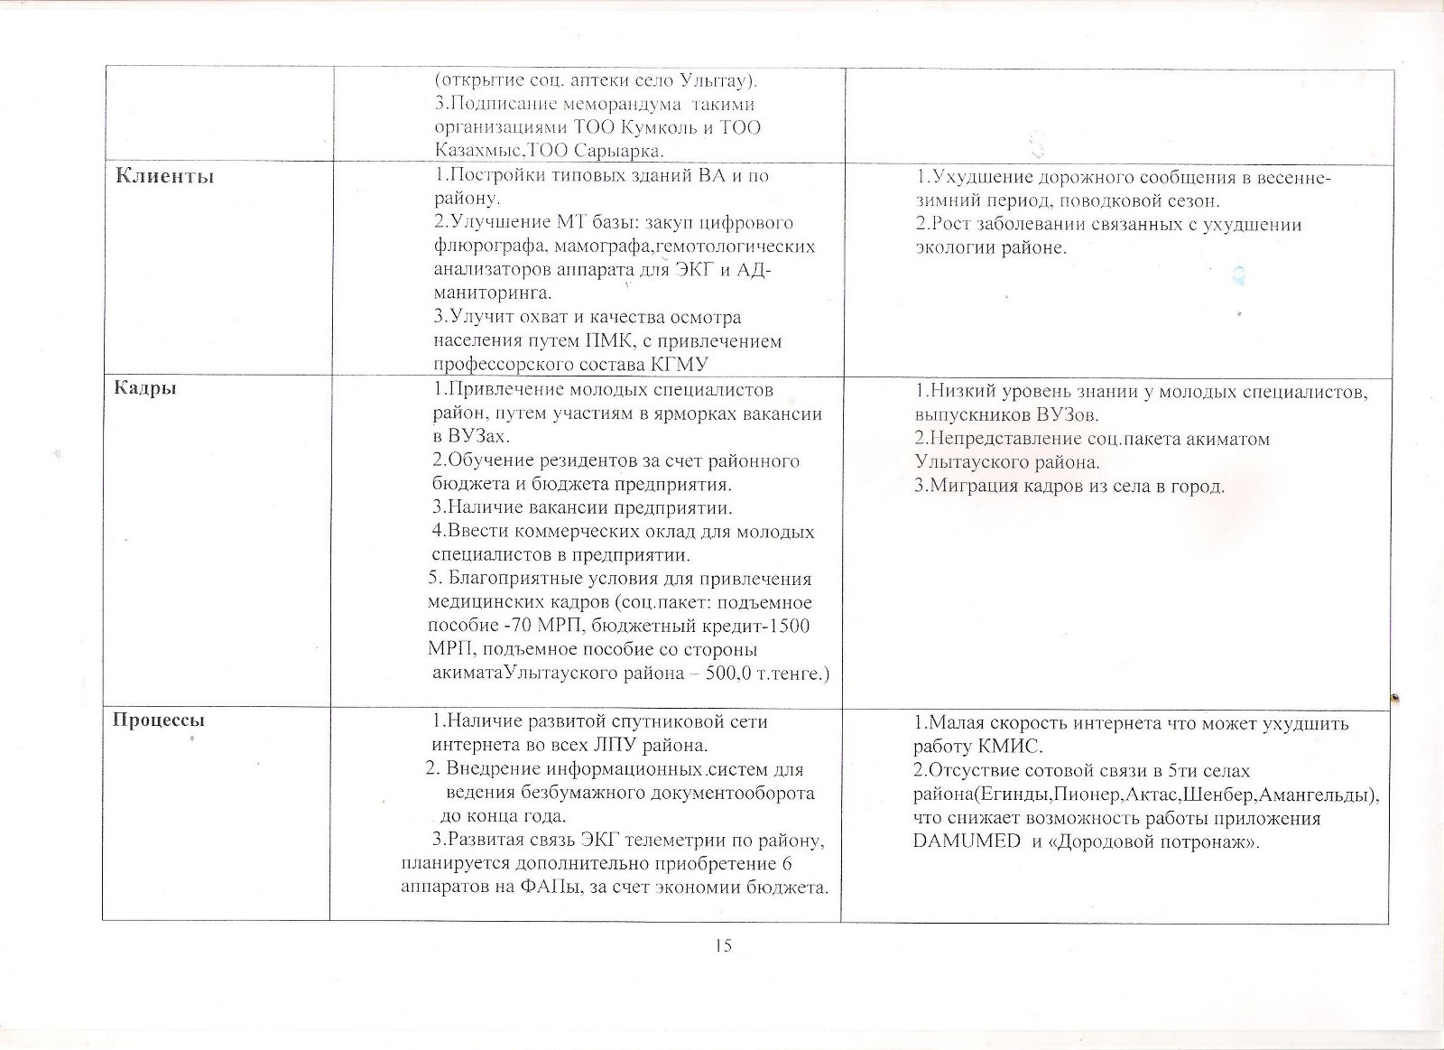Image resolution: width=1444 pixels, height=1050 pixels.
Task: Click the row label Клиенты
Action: click(x=164, y=176)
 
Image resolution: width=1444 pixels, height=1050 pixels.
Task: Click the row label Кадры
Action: click(x=144, y=388)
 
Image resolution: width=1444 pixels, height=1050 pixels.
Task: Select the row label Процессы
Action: click(x=158, y=720)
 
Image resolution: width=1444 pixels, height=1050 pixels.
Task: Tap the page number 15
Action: click(x=723, y=945)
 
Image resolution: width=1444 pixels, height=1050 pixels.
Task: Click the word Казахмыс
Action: click(x=478, y=151)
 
